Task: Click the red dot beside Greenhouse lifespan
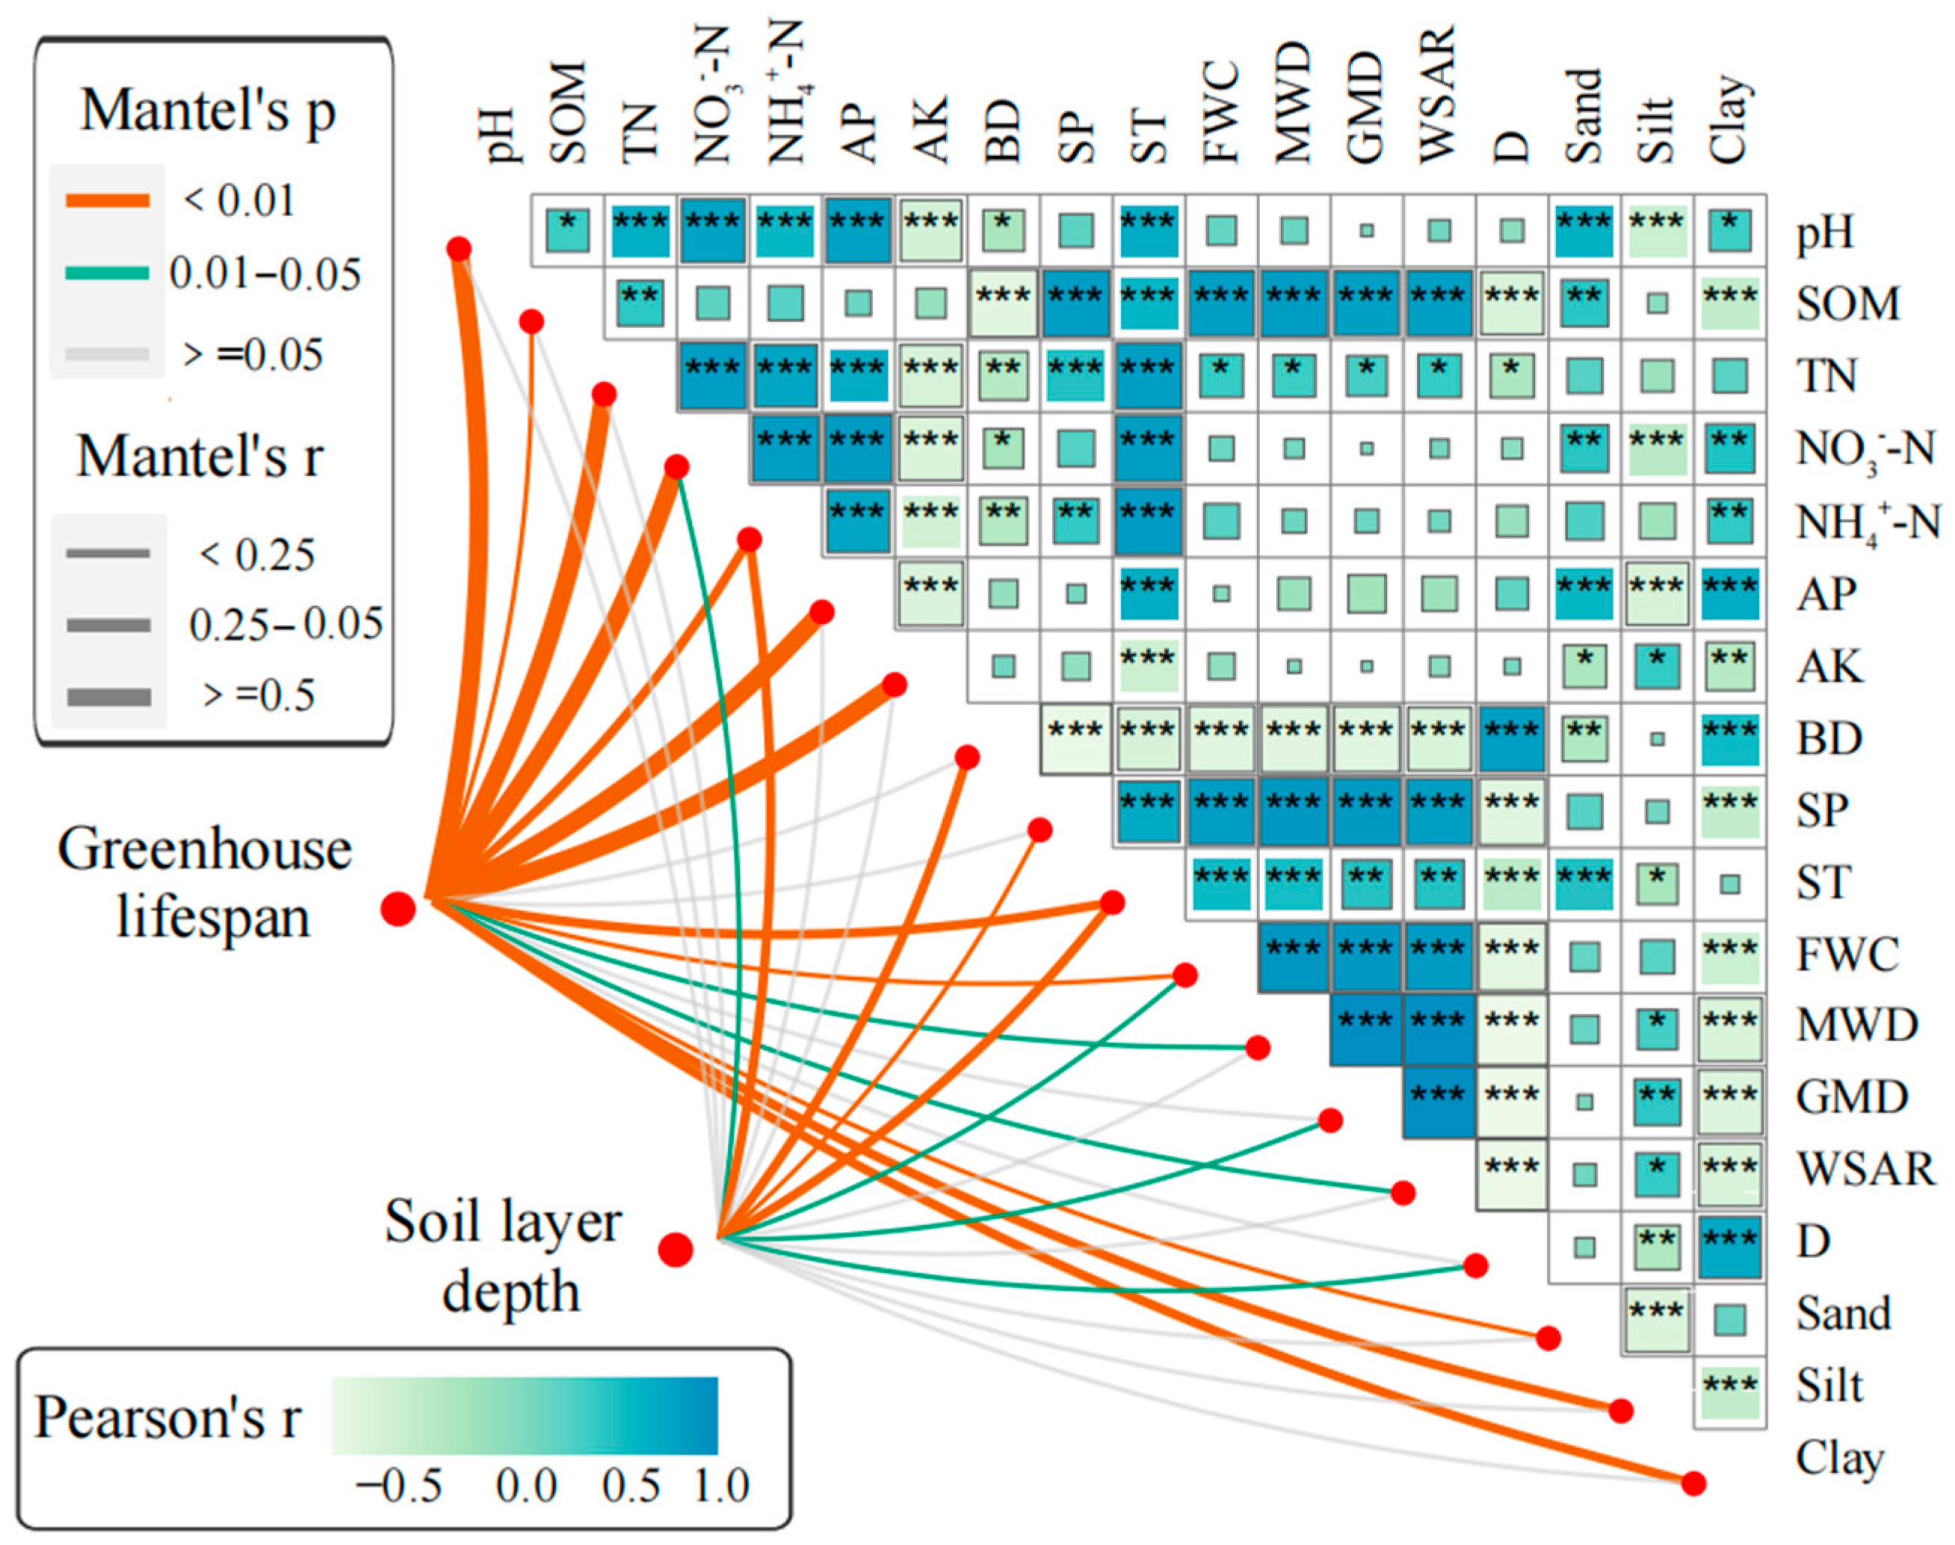(x=398, y=908)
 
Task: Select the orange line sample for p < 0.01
(x=108, y=201)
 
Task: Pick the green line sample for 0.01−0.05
(x=108, y=272)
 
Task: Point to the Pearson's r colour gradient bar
(x=525, y=1416)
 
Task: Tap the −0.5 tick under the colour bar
(x=399, y=1486)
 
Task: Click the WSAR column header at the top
(x=1438, y=95)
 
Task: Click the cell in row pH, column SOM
(x=568, y=231)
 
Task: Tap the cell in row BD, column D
(x=1511, y=739)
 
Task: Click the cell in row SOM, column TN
(x=640, y=303)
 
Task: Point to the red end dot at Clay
(x=1693, y=1484)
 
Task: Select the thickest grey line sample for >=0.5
(x=108, y=697)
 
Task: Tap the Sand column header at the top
(x=1584, y=116)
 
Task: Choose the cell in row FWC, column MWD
(x=1293, y=957)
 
